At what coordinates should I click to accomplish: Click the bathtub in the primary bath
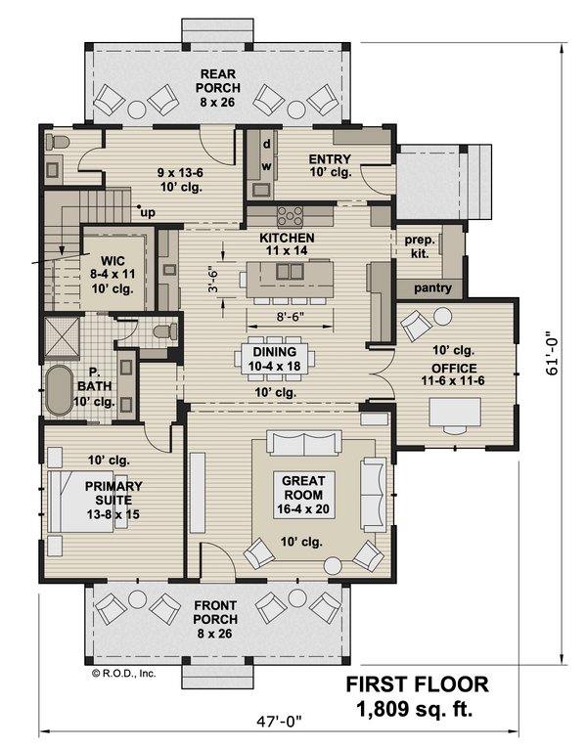click(66, 387)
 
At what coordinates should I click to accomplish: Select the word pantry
click(431, 288)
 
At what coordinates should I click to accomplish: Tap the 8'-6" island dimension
click(287, 318)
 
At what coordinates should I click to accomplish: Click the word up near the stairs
click(148, 212)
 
